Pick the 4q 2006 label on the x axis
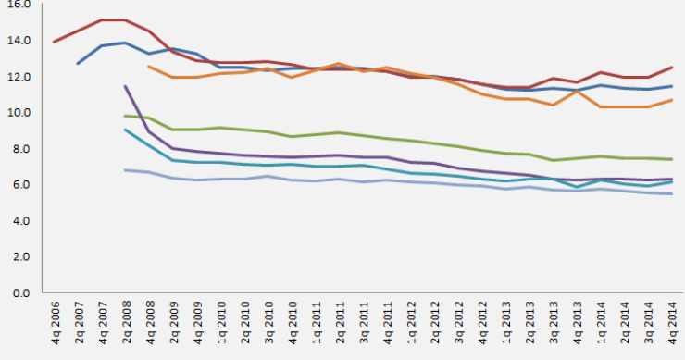[55, 325]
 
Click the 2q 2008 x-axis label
[126, 325]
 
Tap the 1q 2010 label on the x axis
[221, 325]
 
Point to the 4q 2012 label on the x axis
[481, 325]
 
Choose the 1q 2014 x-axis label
[600, 325]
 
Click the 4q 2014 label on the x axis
[671, 325]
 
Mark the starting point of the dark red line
[55, 42]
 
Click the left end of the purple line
[125, 86]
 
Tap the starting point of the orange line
[149, 66]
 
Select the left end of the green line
[125, 116]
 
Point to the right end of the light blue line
[671, 193]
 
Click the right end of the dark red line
[671, 68]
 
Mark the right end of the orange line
[671, 100]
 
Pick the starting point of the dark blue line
[78, 64]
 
